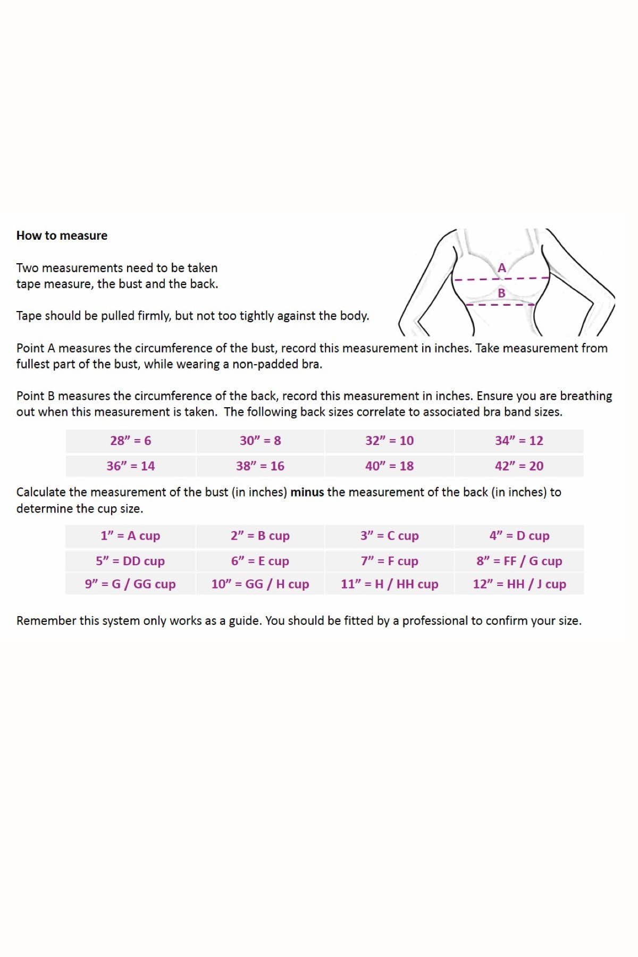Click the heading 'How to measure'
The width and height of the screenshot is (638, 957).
[x=62, y=236]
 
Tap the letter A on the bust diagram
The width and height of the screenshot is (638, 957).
[x=501, y=268]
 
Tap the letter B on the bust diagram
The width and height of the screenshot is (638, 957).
[x=501, y=293]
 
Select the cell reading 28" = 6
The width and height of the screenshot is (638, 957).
[x=131, y=441]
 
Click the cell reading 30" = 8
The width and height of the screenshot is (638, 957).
[x=260, y=441]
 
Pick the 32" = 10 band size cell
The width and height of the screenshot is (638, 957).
[x=389, y=441]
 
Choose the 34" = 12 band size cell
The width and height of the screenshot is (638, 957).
[x=519, y=441]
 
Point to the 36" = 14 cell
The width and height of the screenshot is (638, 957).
[x=131, y=466]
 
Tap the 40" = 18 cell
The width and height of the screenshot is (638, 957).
[x=389, y=466]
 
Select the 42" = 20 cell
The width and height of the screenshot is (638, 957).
[x=519, y=466]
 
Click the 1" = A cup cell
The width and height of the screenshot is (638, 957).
[x=130, y=536]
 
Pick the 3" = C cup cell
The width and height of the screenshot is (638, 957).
[x=389, y=536]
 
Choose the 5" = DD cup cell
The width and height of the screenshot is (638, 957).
[x=130, y=561]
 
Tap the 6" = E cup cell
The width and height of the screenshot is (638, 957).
[x=260, y=561]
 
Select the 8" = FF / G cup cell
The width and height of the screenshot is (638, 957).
[x=519, y=561]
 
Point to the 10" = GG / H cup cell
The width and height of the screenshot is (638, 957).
[x=260, y=584]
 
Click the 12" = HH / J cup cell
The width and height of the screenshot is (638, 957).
[x=519, y=584]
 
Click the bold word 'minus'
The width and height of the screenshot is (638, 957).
[x=307, y=492]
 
